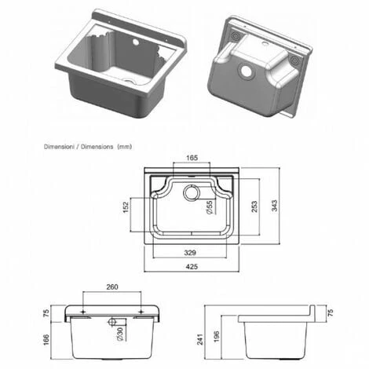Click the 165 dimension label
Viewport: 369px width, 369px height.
pos(192,158)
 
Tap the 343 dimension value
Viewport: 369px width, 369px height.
pos(274,206)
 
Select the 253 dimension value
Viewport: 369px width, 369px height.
pos(254,206)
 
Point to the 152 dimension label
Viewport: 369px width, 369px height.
pos(126,207)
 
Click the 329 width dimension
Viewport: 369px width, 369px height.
pos(190,253)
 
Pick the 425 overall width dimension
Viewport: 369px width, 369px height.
pos(192,267)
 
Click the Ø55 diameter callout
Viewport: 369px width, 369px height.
pos(210,207)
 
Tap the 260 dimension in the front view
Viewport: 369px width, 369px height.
pos(112,287)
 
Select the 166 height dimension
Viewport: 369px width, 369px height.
pos(46,340)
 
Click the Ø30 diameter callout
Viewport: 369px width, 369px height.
pos(119,334)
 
